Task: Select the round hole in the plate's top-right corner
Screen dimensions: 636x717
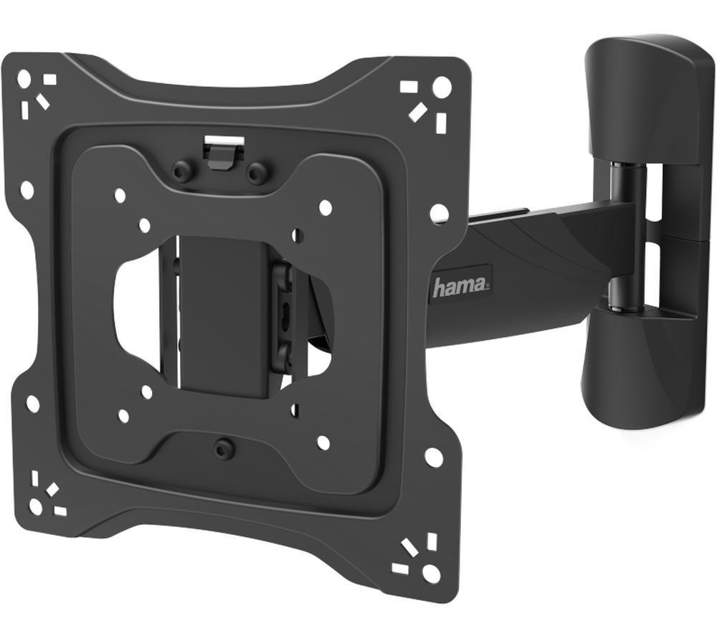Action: (x=442, y=87)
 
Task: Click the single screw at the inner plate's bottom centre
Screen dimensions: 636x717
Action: (x=225, y=449)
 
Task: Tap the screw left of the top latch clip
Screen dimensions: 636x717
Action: (x=183, y=171)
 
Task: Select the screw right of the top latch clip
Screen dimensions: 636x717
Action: (x=257, y=173)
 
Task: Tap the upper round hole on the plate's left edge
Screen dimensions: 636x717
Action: (x=27, y=190)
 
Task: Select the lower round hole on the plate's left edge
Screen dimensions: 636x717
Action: (x=33, y=404)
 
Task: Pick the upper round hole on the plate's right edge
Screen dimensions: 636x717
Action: (x=439, y=213)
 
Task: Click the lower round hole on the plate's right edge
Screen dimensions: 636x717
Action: (x=433, y=457)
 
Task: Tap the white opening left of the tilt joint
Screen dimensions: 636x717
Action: (x=136, y=308)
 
